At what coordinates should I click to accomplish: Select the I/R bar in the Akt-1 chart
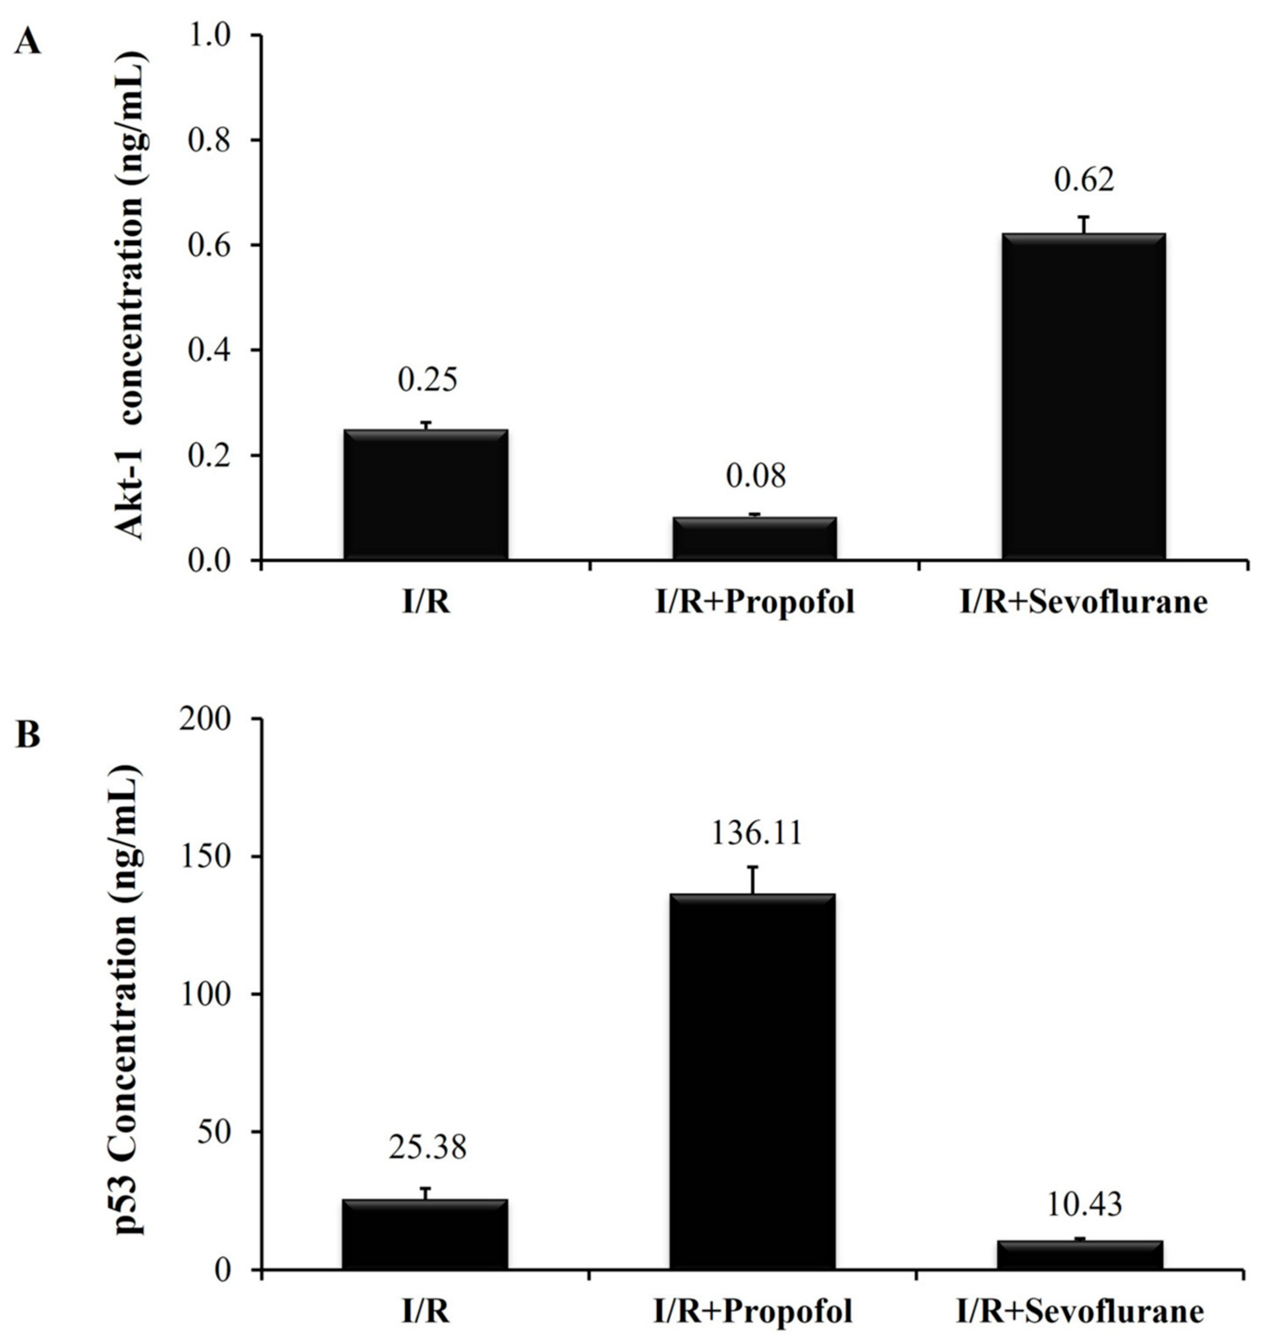point(426,495)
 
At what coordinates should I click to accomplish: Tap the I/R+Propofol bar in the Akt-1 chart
point(755,539)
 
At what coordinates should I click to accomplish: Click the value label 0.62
point(1084,180)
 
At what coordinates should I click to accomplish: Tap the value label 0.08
point(755,476)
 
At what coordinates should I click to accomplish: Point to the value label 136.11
point(757,833)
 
